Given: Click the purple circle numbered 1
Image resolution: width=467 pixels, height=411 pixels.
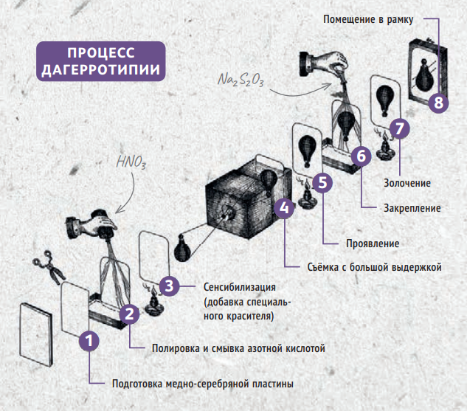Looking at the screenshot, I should click(x=89, y=341).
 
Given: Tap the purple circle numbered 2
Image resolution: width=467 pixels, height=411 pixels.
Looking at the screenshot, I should click(x=129, y=314).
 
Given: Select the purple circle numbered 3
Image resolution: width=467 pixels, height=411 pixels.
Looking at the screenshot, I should click(x=170, y=285).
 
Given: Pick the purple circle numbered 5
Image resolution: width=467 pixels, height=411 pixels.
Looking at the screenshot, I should click(x=322, y=182).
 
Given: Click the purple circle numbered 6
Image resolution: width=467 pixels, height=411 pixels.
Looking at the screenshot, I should click(x=361, y=156).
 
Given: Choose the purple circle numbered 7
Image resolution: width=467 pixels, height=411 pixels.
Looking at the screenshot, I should click(x=399, y=127).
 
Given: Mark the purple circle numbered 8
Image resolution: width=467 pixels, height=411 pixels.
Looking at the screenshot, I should click(x=439, y=103).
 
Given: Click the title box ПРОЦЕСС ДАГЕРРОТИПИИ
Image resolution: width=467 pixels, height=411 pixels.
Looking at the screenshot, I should click(x=101, y=63).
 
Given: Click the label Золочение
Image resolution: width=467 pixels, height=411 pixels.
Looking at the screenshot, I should click(x=407, y=182).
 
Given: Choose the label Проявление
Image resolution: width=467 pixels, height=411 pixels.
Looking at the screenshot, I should click(x=373, y=244).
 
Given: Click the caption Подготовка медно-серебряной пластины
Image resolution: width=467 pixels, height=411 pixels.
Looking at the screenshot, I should click(x=202, y=384).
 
